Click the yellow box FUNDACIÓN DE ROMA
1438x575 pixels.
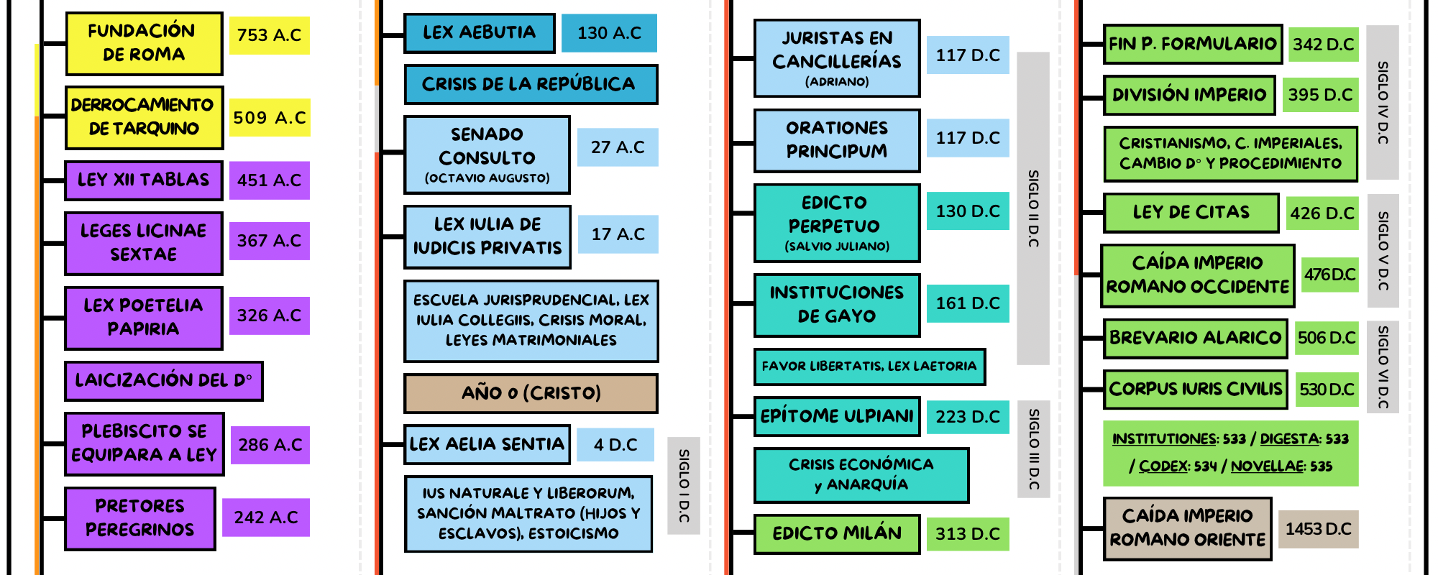pos(144,43)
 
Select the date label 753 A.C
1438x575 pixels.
pos(269,35)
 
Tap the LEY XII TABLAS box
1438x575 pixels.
pos(144,180)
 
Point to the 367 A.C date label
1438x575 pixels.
pos(269,241)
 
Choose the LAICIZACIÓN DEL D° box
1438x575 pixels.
pos(163,380)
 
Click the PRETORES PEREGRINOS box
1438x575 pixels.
pos(140,518)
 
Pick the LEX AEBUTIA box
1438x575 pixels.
pos(479,33)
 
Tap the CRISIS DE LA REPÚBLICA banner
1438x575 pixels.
pos(530,84)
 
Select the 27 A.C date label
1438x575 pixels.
pos(618,147)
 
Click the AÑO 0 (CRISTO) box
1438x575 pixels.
pos(531,393)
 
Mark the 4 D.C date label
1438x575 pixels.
pos(615,445)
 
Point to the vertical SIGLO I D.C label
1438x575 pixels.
pos(683,486)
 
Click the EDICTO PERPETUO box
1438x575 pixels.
pos(836,223)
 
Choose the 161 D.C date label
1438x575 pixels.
pos(967,303)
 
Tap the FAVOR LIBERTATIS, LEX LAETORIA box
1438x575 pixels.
pos(869,367)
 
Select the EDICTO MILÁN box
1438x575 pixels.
pos(836,534)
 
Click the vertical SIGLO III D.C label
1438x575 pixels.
pos(1033,449)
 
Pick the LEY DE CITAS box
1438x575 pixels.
pos(1191,213)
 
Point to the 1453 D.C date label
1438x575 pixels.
pos(1318,530)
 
